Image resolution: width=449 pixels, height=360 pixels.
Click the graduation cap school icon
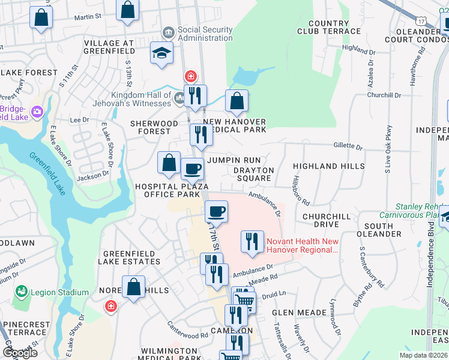161,54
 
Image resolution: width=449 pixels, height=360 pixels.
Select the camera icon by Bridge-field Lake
37,112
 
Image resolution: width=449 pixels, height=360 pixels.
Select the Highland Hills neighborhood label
328,166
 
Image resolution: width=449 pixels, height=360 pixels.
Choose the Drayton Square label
255,175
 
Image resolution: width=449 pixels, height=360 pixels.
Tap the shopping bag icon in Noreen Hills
133,288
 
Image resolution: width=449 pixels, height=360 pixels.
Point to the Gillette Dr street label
348,146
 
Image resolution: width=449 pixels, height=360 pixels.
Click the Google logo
20,352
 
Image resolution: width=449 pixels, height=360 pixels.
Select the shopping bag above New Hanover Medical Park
237,101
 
